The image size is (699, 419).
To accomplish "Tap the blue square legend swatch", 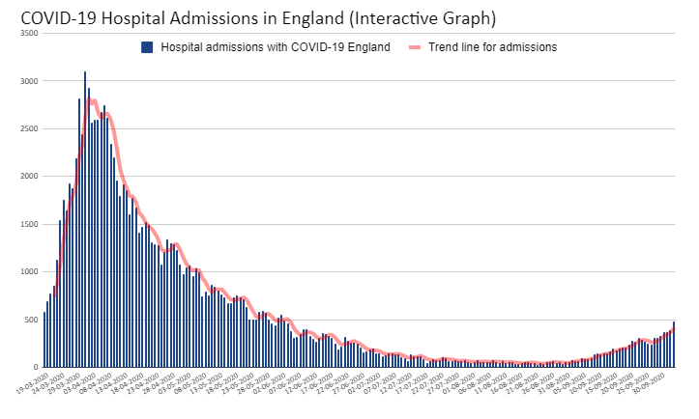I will point(147,47).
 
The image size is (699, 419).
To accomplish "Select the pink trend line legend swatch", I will point(417,47).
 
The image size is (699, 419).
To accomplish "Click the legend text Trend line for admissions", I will point(494,47).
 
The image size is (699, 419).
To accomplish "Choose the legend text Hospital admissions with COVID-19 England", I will point(276,47).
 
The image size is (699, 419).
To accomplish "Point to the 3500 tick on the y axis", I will point(29,34).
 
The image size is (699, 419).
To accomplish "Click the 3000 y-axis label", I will point(29,81).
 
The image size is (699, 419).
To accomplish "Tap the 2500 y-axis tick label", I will point(29,128).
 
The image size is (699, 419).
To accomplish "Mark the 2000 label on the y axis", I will point(29,177).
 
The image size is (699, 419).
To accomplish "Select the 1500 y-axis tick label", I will point(29,224).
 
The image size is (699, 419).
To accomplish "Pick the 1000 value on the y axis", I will point(29,271).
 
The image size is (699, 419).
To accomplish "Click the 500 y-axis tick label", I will point(32,320).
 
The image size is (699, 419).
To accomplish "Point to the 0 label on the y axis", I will point(35,367).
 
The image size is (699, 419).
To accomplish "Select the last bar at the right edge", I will point(673,345).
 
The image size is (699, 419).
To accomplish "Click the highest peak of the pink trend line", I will point(92,100).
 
